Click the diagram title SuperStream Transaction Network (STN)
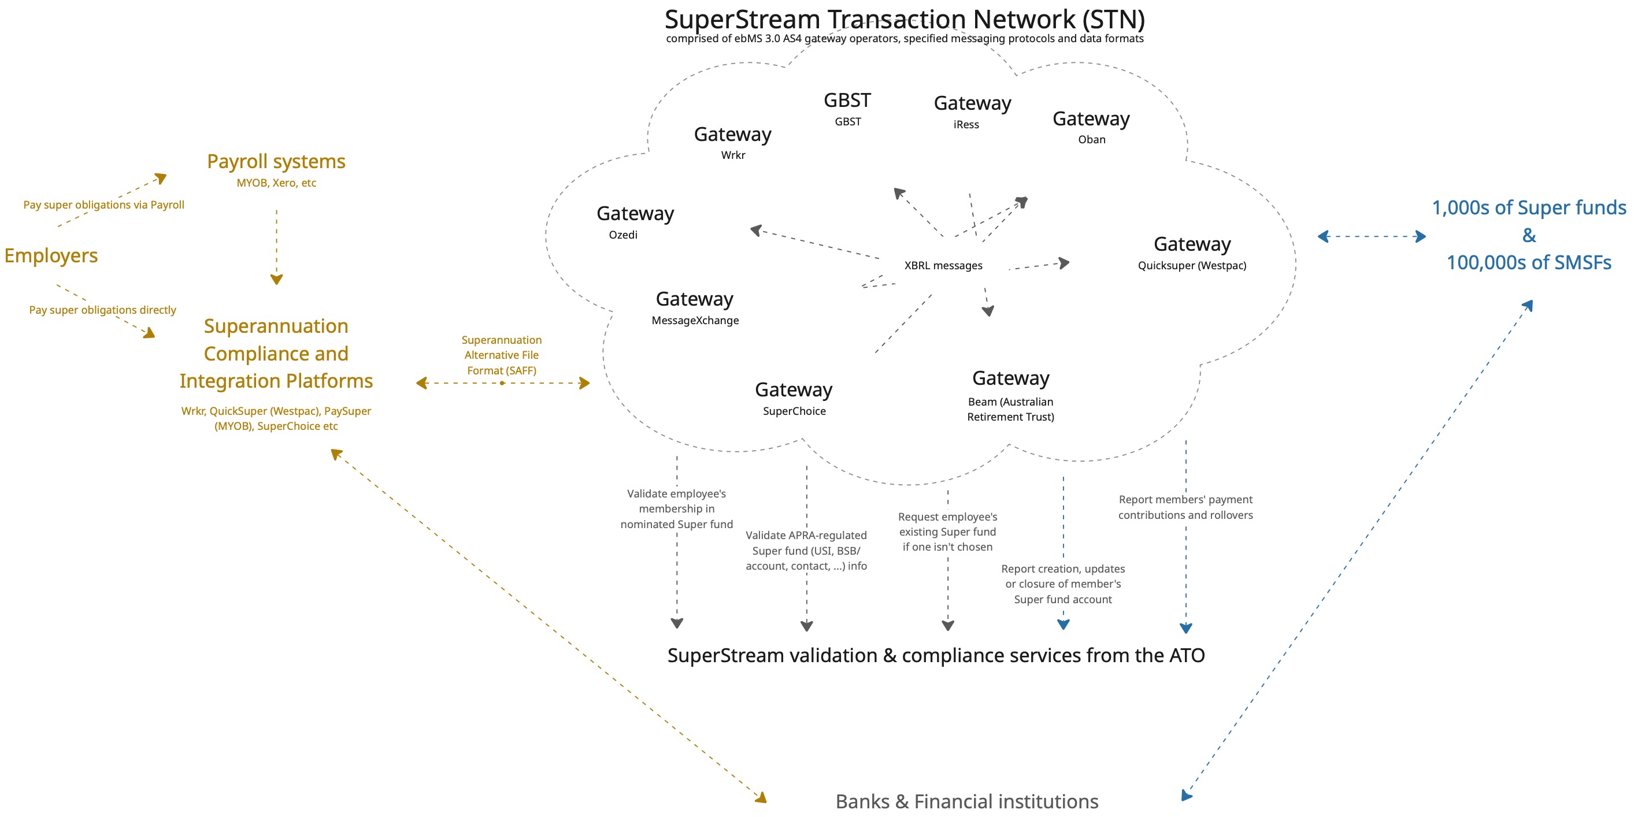[x=905, y=20]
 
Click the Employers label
[x=51, y=255]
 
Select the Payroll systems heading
[x=276, y=161]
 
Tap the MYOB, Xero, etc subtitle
[x=276, y=183]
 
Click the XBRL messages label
[x=943, y=265]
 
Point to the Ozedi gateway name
[x=623, y=235]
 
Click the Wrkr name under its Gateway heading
[x=733, y=155]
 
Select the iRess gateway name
[x=965, y=124]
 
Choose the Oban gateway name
[x=1091, y=140]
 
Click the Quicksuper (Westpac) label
[x=1191, y=265]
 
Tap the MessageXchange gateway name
[x=695, y=320]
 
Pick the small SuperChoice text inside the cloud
[x=794, y=411]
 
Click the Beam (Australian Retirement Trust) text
[x=1010, y=409]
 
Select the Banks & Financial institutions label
[x=966, y=801]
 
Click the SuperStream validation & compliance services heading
[x=936, y=655]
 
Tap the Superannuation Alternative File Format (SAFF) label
[x=501, y=355]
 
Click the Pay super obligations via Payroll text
[x=103, y=205]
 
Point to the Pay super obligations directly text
[x=102, y=310]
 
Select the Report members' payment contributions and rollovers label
[x=1185, y=507]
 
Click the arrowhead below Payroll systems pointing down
[x=276, y=280]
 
